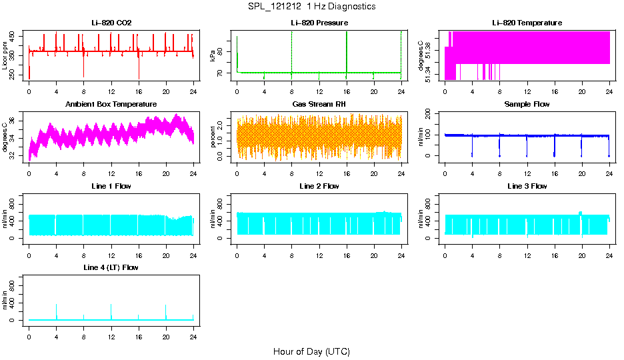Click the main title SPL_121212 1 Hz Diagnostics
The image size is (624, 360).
pyautogui.click(x=311, y=7)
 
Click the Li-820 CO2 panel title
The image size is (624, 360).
pyautogui.click(x=111, y=23)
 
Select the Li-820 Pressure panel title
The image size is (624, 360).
pyautogui.click(x=319, y=23)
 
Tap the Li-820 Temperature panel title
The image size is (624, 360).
pyautogui.click(x=527, y=23)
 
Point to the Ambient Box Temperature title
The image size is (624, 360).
pyautogui.click(x=111, y=105)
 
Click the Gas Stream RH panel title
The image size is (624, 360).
pyautogui.click(x=319, y=105)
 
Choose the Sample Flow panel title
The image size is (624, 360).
pyautogui.click(x=527, y=105)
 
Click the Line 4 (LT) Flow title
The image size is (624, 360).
pyautogui.click(x=111, y=267)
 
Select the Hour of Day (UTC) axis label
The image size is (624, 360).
pyautogui.click(x=311, y=351)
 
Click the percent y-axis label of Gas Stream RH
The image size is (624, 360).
pyautogui.click(x=213, y=135)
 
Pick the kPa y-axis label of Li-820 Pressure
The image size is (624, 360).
pyautogui.click(x=213, y=55)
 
